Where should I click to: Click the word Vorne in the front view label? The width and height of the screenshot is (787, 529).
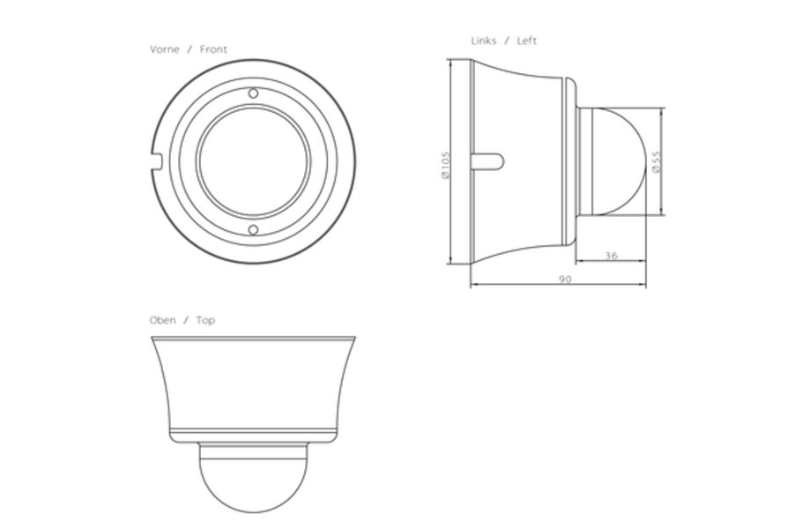[164, 49]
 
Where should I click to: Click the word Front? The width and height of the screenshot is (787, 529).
[213, 49]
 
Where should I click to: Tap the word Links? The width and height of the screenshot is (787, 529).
[483, 41]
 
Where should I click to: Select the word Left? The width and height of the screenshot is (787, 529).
[526, 41]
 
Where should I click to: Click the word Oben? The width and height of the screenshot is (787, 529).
[163, 320]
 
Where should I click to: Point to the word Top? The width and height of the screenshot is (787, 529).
[205, 320]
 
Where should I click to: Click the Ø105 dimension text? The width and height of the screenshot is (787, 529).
[446, 165]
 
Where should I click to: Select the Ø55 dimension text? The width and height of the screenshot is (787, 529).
[657, 162]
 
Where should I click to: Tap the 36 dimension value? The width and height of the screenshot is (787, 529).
[611, 256]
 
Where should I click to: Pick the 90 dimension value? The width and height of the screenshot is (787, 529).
[565, 279]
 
